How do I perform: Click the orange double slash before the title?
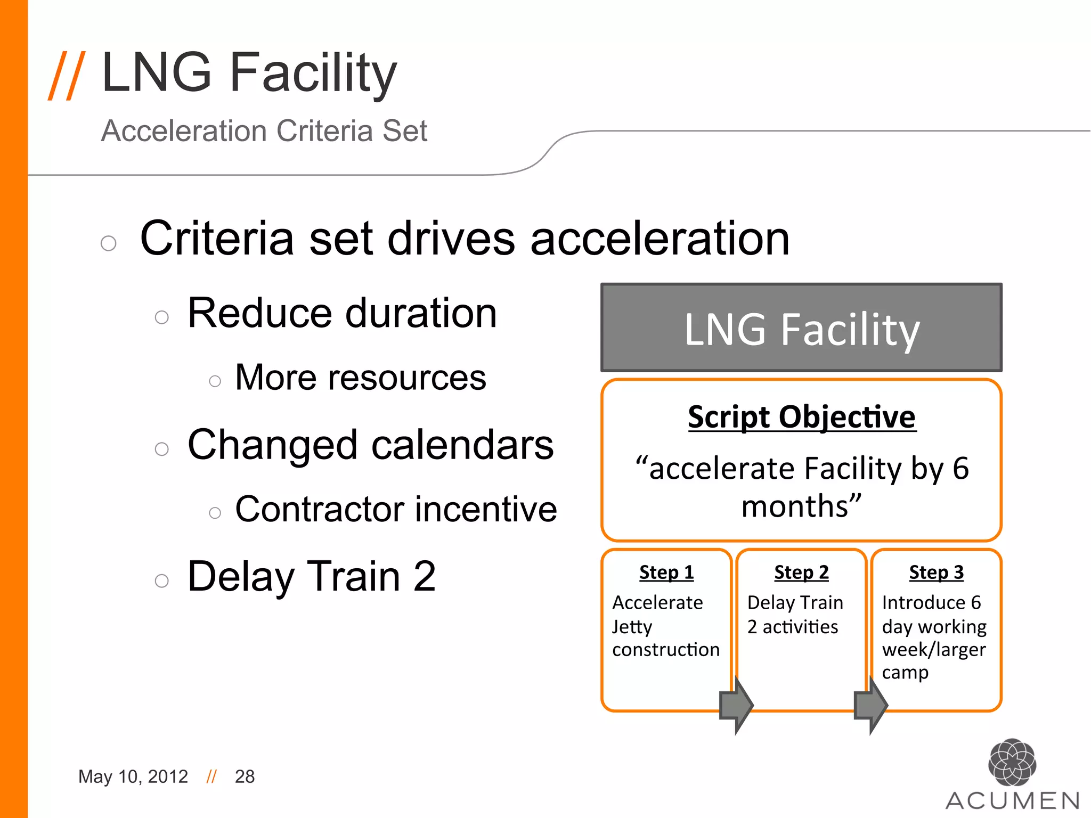pyautogui.click(x=67, y=75)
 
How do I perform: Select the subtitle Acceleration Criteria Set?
pyautogui.click(x=264, y=131)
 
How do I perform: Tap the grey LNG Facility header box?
pyautogui.click(x=801, y=328)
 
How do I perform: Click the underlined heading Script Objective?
pyautogui.click(x=801, y=417)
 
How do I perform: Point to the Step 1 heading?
pyautogui.click(x=666, y=572)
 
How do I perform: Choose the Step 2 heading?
pyautogui.click(x=801, y=572)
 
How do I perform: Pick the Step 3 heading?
pyautogui.click(x=936, y=572)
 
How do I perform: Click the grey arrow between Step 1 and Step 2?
pyautogui.click(x=736, y=705)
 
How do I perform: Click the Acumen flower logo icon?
pyautogui.click(x=1012, y=762)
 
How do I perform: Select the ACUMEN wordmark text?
pyautogui.click(x=1012, y=801)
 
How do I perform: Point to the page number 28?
pyautogui.click(x=245, y=776)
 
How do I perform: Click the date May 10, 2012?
pyautogui.click(x=133, y=776)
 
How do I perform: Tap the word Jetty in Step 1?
pyautogui.click(x=632, y=627)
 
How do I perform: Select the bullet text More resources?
pyautogui.click(x=361, y=378)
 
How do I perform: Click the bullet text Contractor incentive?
pyautogui.click(x=396, y=509)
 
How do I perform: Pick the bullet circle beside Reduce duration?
pyautogui.click(x=162, y=317)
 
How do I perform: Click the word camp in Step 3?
pyautogui.click(x=905, y=673)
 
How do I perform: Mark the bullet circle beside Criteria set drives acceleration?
pyautogui.click(x=109, y=243)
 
